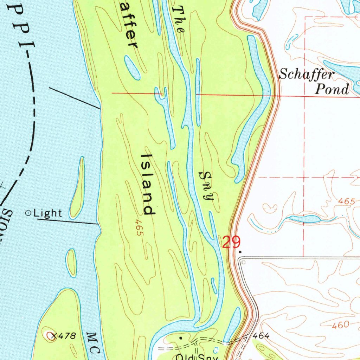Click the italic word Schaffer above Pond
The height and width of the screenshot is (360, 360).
click(x=306, y=75)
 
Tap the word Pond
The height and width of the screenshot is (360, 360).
click(x=332, y=89)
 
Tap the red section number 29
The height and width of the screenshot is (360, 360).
click(x=231, y=242)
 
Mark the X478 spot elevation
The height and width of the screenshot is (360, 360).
click(x=63, y=336)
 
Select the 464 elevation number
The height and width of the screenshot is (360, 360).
click(x=261, y=336)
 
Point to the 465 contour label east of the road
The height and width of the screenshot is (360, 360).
click(x=347, y=201)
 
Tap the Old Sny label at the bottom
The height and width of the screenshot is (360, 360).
click(x=197, y=357)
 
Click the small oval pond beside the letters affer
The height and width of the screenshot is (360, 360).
click(x=132, y=67)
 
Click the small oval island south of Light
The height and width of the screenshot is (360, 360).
click(x=72, y=262)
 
